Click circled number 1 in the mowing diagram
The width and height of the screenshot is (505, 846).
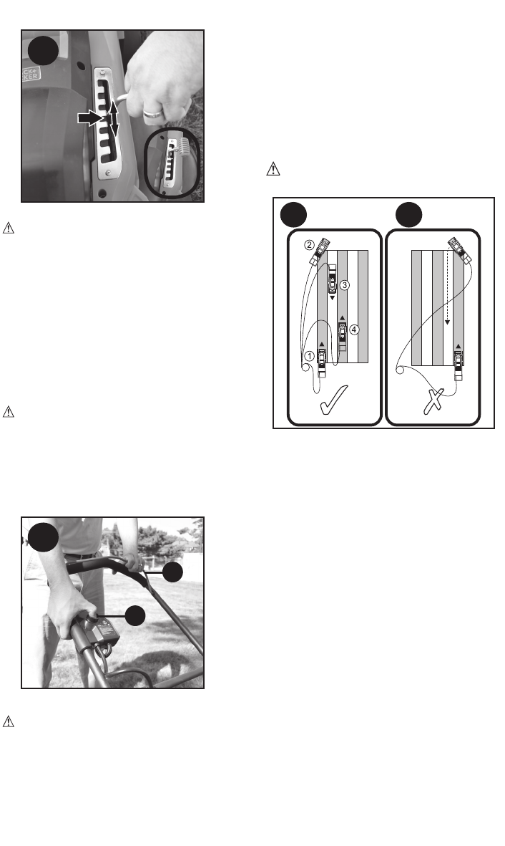tap(310, 355)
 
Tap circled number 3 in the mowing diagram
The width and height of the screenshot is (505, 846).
tap(344, 285)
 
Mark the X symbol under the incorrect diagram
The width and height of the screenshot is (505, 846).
tap(434, 403)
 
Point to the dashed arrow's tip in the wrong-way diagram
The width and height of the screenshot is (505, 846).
tap(447, 323)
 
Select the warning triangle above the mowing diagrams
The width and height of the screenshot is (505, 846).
tap(271, 170)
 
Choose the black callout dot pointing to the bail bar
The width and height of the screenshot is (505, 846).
tap(172, 572)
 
